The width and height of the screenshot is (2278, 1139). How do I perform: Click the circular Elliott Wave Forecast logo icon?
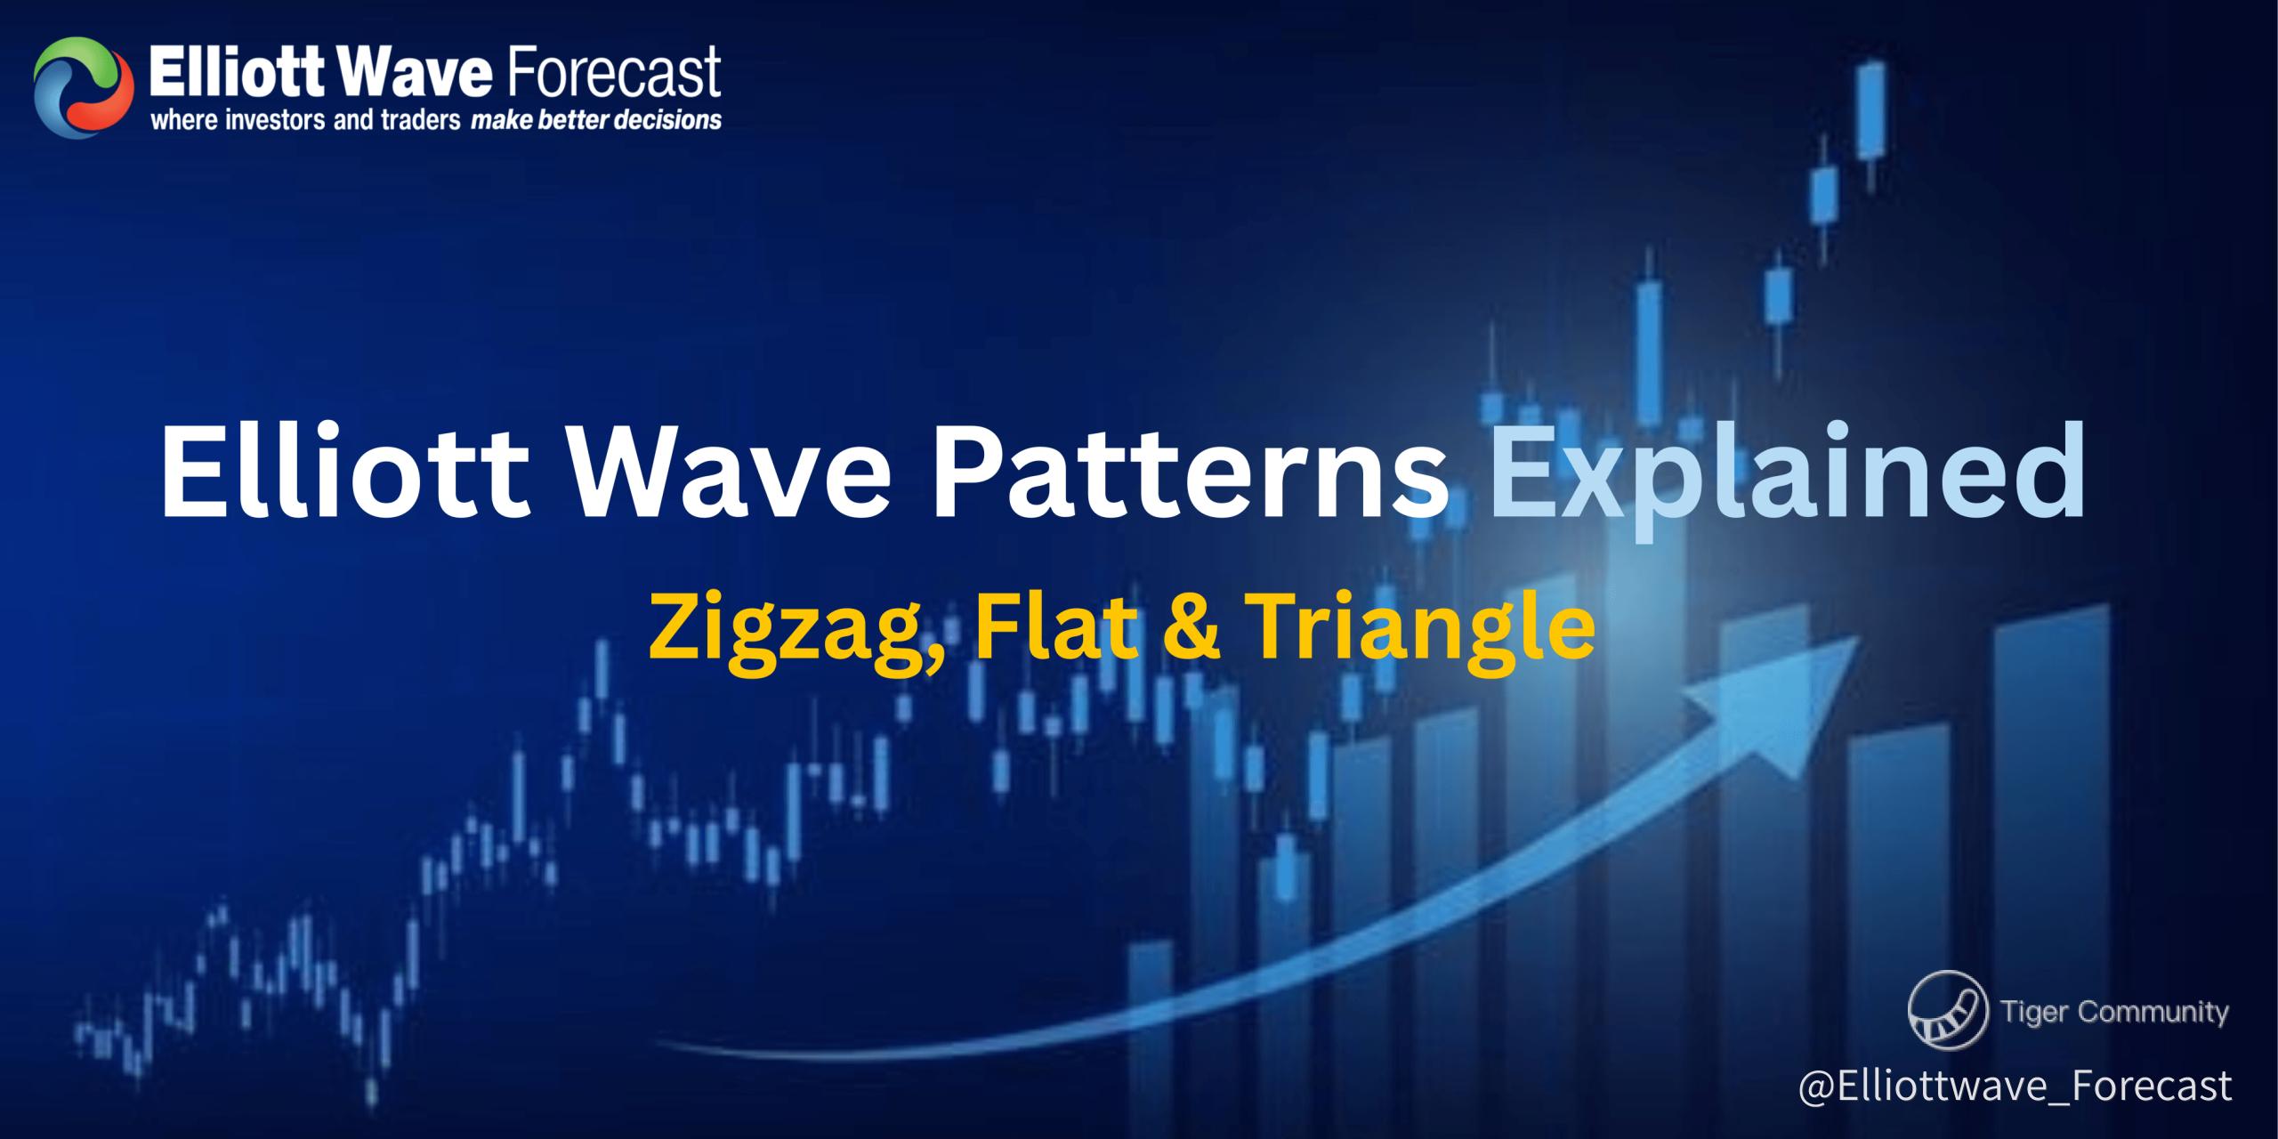point(78,87)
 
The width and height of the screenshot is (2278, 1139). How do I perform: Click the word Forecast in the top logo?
point(613,74)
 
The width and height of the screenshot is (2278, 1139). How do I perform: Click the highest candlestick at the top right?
point(1871,125)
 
